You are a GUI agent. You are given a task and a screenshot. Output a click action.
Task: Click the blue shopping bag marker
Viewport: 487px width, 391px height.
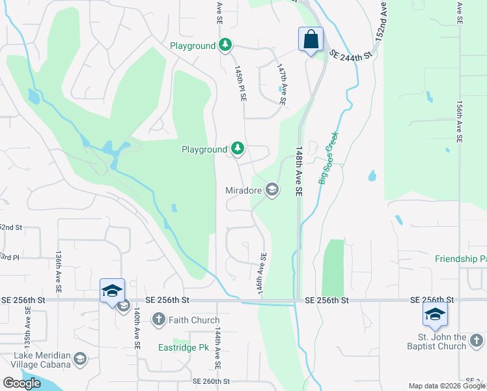point(311,39)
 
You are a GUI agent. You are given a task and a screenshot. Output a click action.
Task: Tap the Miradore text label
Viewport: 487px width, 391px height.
point(244,190)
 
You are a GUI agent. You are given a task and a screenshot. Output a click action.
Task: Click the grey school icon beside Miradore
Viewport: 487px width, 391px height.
point(271,190)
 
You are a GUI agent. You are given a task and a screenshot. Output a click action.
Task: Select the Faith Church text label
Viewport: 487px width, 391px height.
point(193,320)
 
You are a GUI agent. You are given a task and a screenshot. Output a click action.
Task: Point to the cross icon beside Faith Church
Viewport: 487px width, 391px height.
point(158,320)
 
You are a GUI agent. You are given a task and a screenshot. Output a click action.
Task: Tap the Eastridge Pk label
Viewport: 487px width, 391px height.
point(182,347)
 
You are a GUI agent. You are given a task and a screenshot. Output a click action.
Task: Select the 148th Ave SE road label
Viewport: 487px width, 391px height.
point(299,171)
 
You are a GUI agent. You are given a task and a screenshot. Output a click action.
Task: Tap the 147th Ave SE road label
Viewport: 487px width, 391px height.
point(281,85)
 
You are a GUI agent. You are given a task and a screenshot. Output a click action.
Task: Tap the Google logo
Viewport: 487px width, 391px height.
point(21,383)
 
